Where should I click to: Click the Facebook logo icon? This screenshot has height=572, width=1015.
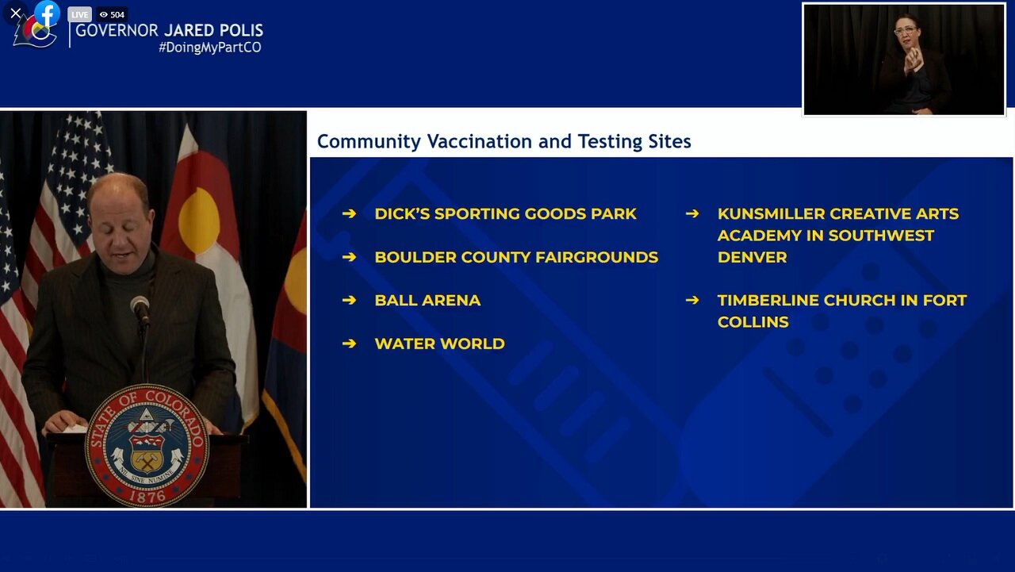(47, 13)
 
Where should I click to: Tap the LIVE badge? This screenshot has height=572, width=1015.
(79, 14)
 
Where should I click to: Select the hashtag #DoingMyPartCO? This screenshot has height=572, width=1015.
(210, 48)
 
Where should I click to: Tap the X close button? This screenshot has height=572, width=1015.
(15, 13)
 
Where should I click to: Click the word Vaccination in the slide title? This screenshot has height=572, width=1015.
(480, 141)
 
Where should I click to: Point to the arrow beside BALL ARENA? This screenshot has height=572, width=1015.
(349, 300)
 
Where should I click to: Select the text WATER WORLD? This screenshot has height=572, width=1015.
(439, 344)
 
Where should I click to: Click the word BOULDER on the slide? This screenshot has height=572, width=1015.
(416, 257)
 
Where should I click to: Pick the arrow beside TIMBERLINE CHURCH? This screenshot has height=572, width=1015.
(692, 300)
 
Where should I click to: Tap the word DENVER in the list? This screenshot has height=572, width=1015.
(753, 257)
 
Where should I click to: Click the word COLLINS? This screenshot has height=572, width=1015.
(753, 322)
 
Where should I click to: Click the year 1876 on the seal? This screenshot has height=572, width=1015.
(147, 497)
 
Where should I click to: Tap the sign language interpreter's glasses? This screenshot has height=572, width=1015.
(906, 31)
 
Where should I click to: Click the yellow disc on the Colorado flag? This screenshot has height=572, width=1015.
(199, 221)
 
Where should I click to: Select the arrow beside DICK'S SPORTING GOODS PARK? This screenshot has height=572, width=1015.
(349, 213)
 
